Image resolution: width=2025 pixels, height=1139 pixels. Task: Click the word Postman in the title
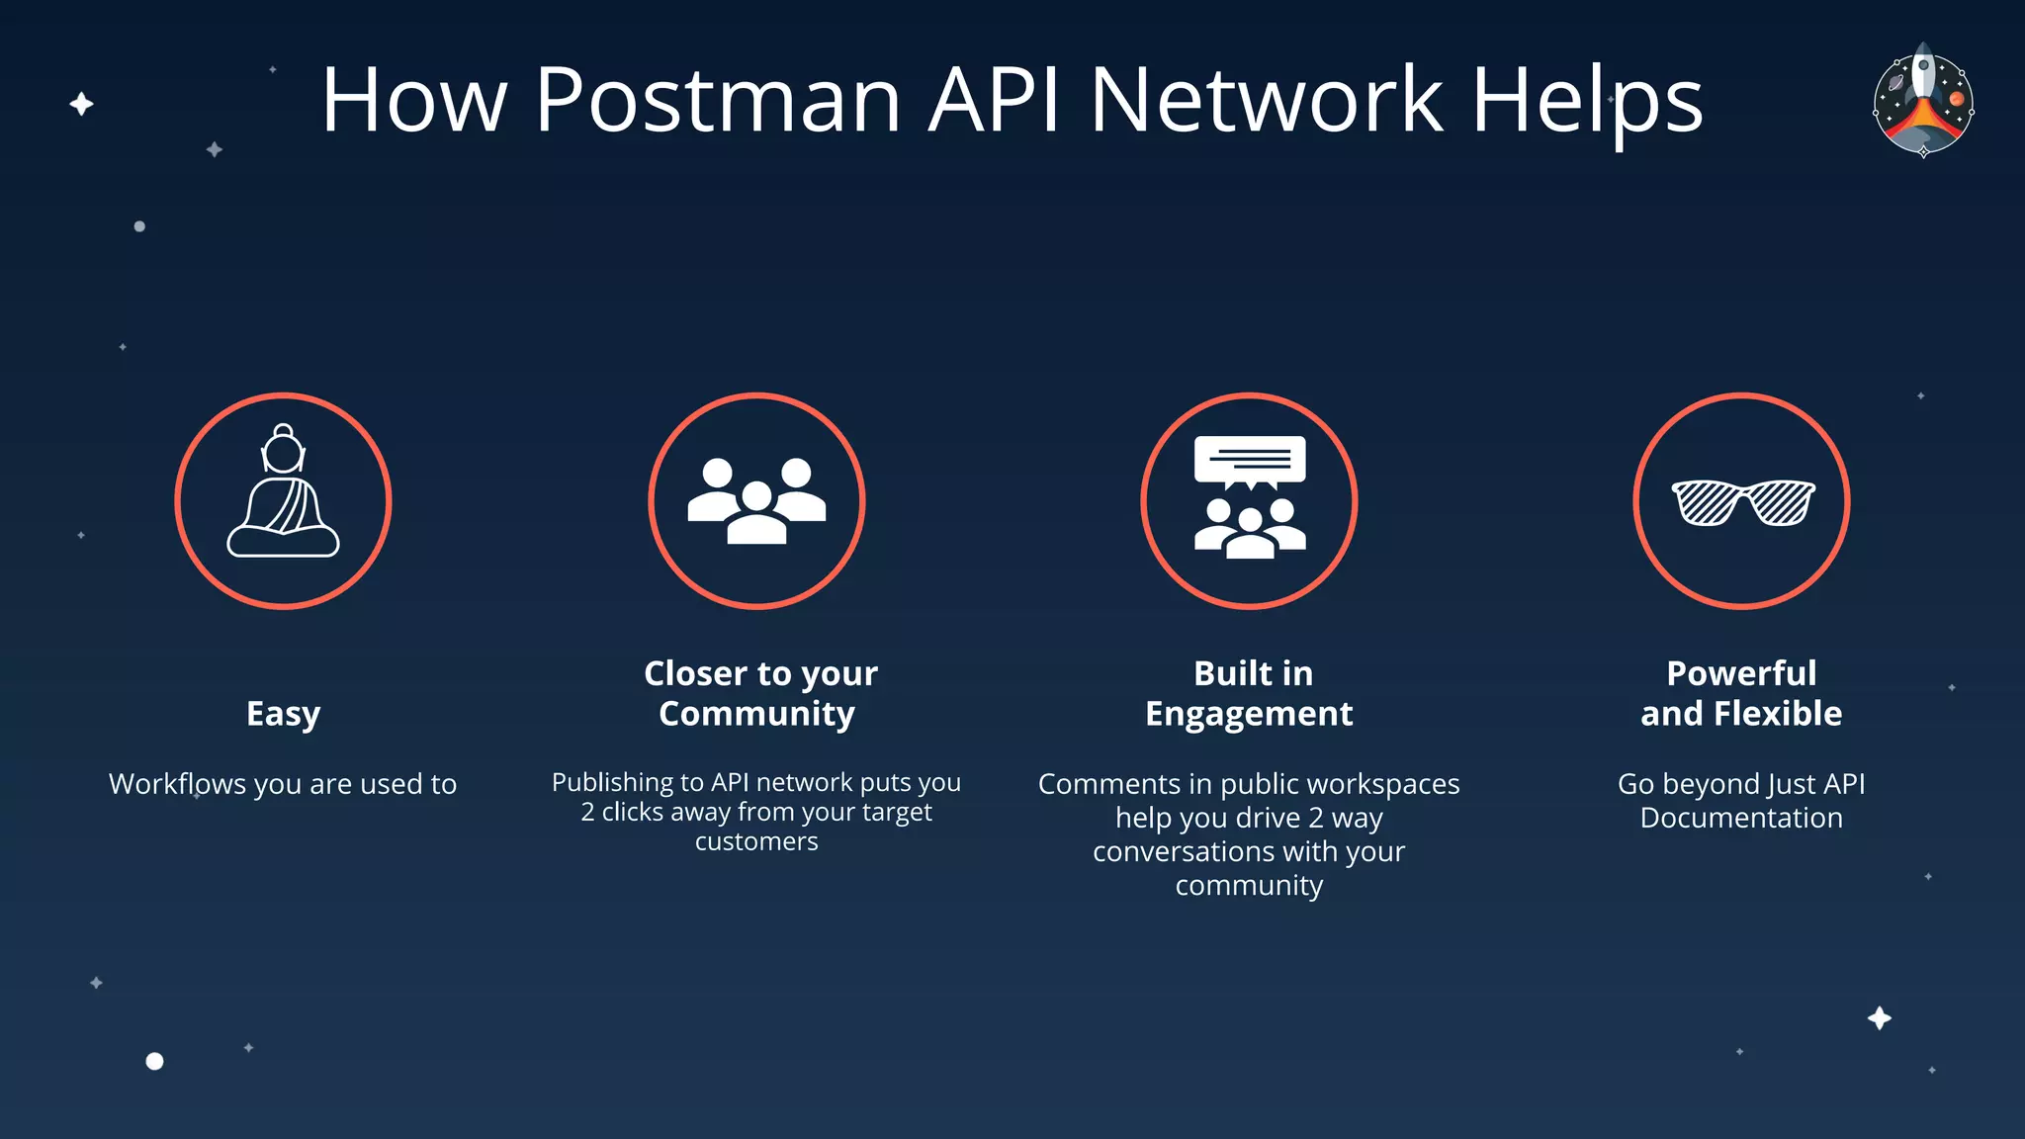[717, 101]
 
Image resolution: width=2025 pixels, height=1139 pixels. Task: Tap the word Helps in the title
[1587, 101]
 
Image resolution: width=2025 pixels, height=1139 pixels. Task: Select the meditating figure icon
[284, 494]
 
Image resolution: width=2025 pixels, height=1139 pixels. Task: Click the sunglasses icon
[1742, 501]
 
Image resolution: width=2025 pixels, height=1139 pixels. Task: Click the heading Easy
[283, 714]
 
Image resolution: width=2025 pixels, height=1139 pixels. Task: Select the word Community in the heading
[756, 714]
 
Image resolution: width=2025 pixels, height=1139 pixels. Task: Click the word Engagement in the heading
[1249, 714]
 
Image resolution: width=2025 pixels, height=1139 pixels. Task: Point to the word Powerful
[1741, 673]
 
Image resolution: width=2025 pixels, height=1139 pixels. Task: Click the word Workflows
[177, 784]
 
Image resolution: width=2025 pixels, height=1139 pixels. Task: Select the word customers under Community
[756, 841]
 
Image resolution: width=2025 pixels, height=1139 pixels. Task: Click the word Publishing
[612, 782]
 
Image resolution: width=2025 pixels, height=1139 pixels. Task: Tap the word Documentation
[1741, 818]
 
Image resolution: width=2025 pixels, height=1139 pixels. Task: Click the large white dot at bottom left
[154, 1061]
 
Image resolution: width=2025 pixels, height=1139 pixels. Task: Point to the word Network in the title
[1266, 101]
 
